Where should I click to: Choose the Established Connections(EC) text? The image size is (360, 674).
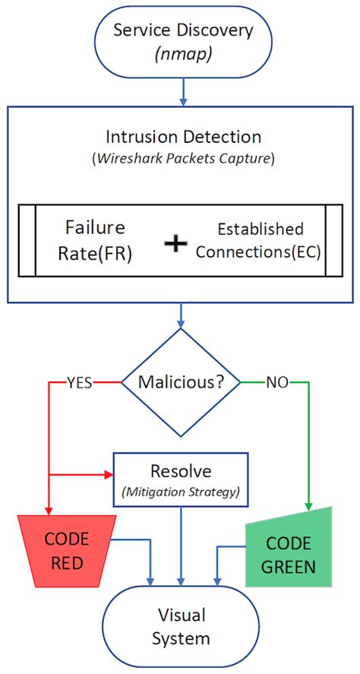[x=260, y=239]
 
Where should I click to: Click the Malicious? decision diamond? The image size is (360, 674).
[x=180, y=382]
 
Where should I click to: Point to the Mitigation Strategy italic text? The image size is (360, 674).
[x=181, y=492]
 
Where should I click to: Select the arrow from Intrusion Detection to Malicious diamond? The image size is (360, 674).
[x=181, y=318]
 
